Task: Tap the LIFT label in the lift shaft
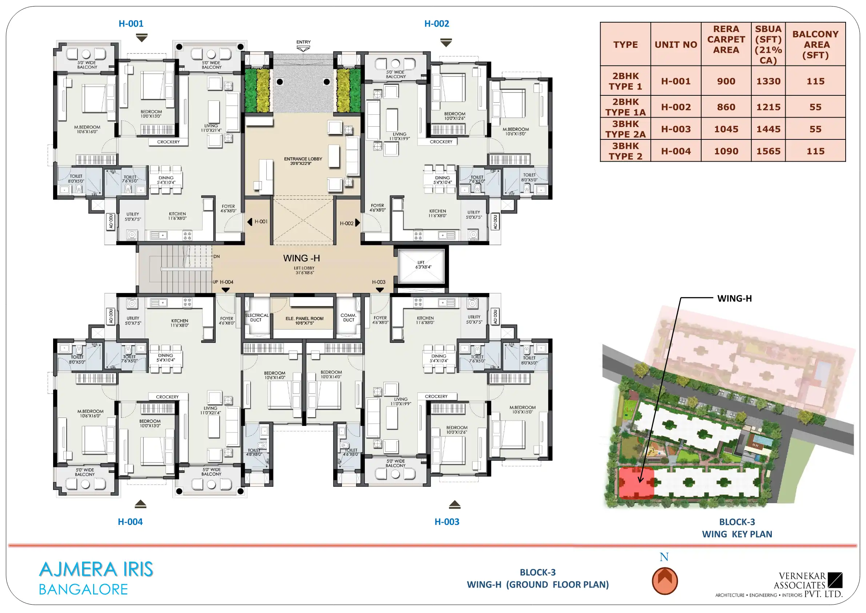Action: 421,262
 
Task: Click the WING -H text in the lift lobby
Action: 302,258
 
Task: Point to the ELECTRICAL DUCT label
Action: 256,317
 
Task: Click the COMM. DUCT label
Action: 348,317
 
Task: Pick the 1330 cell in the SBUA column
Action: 768,81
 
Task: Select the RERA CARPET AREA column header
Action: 726,39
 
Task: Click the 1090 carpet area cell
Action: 726,151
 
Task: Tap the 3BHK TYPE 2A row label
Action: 625,129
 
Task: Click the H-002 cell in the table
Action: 675,107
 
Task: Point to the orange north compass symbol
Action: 665,581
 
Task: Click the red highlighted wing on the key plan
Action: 636,483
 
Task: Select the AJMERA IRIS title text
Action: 96,569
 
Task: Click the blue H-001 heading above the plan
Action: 131,23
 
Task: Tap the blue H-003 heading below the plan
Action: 447,522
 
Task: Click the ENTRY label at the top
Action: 303,42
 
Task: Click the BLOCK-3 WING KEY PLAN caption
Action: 737,528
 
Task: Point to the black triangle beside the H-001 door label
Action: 250,222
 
